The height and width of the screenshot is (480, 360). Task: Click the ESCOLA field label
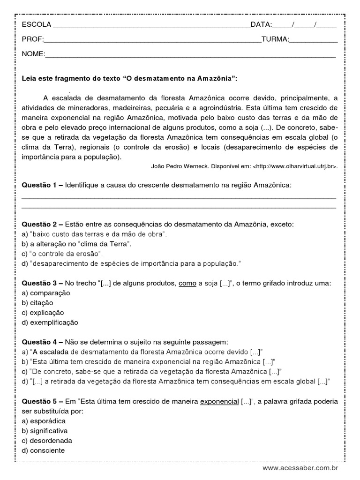click(37, 25)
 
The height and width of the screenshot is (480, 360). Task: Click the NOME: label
click(33, 54)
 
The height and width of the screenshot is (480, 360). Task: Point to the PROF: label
click(32, 39)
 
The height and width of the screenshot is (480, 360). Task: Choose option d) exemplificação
click(50, 322)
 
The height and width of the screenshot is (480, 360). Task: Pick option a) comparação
click(46, 293)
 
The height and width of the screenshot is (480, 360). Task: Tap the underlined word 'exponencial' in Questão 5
click(219, 402)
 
